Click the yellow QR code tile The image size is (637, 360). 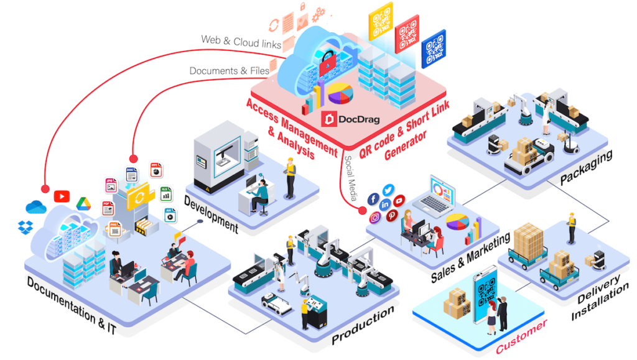(x=380, y=22)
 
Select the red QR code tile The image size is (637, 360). (x=407, y=35)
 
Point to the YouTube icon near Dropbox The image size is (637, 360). (x=62, y=196)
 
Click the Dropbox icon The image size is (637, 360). (x=26, y=226)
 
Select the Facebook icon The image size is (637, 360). (x=373, y=199)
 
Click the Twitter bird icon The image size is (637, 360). (x=389, y=190)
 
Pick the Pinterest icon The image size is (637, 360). (x=392, y=216)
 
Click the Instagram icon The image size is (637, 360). (x=375, y=218)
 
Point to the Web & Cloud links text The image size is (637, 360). (x=241, y=42)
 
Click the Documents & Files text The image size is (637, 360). (x=229, y=71)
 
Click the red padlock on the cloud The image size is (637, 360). (x=326, y=62)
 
